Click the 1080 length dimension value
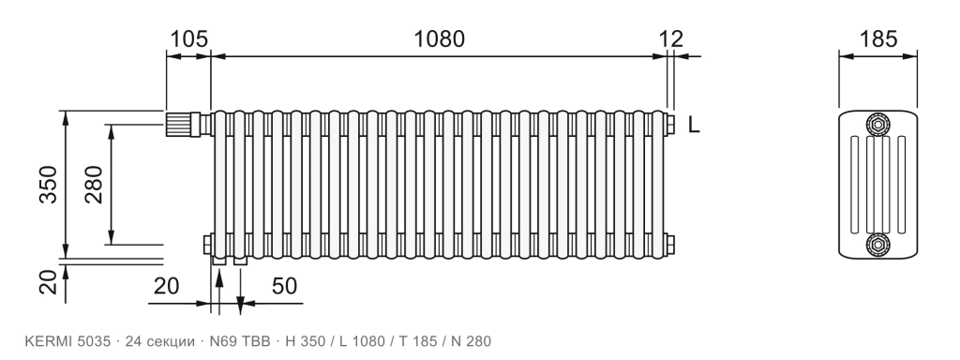(x=439, y=39)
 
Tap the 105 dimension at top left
(x=188, y=39)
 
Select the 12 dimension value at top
(x=671, y=39)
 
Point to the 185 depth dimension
(x=877, y=39)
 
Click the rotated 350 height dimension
(x=48, y=185)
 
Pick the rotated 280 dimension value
(x=94, y=185)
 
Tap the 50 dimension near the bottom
(x=284, y=286)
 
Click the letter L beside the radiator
(x=693, y=125)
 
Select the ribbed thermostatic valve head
(x=178, y=124)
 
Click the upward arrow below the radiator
(x=218, y=290)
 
